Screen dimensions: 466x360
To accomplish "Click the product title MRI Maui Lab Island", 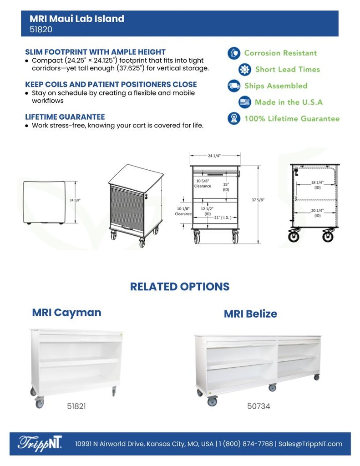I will point(77,19).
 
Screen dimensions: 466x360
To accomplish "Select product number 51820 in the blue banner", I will point(41,30).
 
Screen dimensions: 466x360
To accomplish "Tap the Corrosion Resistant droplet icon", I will point(234,53).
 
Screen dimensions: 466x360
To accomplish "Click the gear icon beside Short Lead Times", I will point(245,69).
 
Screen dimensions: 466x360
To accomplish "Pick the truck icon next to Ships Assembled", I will point(234,86).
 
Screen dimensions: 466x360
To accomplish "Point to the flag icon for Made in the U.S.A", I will point(245,102).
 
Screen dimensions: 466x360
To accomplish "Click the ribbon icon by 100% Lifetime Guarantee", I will point(234,118).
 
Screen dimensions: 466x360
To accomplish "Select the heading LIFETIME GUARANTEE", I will point(65,117).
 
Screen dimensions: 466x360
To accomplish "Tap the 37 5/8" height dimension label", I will point(258,200).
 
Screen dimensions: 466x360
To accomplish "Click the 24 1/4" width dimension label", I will point(214,156).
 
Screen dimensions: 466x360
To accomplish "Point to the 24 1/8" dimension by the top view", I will point(75,200).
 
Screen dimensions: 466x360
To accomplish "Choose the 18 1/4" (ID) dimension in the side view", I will point(317,184).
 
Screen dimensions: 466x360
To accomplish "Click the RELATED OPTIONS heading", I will point(180,287).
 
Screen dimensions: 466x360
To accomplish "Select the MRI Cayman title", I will point(66,313).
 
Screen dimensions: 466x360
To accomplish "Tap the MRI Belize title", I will point(250,314).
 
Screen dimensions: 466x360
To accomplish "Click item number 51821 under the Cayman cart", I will point(76,406).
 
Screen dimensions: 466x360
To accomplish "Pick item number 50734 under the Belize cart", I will point(259,406).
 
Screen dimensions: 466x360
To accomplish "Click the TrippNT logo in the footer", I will point(41,443).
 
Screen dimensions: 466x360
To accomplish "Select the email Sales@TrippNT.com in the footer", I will point(310,444).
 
